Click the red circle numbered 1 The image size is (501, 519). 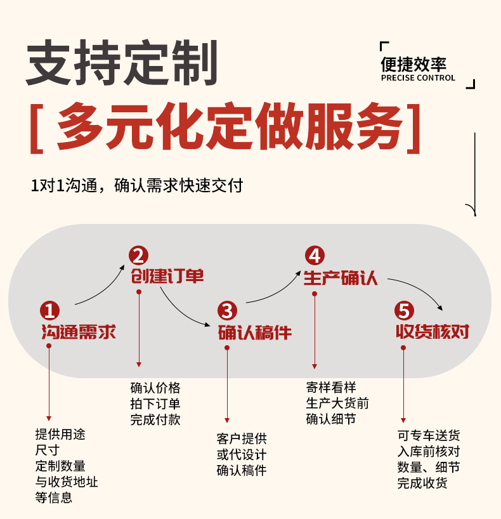(49, 310)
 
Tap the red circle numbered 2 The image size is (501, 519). (138, 256)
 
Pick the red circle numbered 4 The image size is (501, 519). (315, 256)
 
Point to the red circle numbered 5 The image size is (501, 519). (403, 310)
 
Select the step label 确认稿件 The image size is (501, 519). (255, 331)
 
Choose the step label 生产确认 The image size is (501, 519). (341, 277)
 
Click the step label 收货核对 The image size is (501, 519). (433, 331)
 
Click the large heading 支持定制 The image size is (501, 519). (121, 63)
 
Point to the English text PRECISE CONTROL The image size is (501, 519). (418, 78)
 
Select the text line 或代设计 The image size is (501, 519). (242, 454)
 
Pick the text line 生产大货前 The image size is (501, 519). (337, 403)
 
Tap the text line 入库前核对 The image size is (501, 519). (429, 452)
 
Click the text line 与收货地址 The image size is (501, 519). (67, 482)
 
